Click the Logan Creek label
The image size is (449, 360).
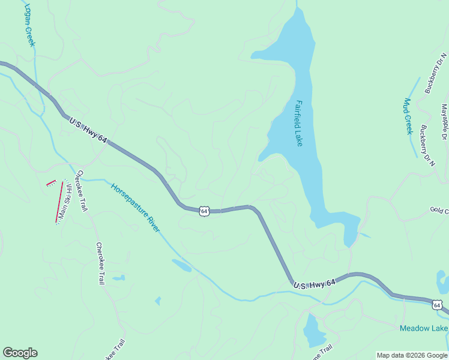point(29,25)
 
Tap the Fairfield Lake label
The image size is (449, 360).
point(298,122)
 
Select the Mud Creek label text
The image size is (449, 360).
point(408,116)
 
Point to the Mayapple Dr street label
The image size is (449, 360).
point(444,122)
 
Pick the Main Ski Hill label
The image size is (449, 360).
point(65,200)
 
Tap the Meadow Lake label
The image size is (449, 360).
point(424,328)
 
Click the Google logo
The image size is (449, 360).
point(20,353)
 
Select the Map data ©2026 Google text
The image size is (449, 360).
point(412,355)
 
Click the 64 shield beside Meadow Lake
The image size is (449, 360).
point(437,305)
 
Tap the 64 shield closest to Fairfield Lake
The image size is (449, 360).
point(205,211)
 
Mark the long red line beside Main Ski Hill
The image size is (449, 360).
point(59,202)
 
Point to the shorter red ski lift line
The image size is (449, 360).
point(51,182)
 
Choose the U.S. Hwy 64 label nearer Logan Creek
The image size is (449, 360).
point(88,130)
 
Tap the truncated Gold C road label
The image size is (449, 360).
point(439,211)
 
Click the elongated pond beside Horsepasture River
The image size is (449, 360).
point(181,265)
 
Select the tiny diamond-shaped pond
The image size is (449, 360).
point(158,301)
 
